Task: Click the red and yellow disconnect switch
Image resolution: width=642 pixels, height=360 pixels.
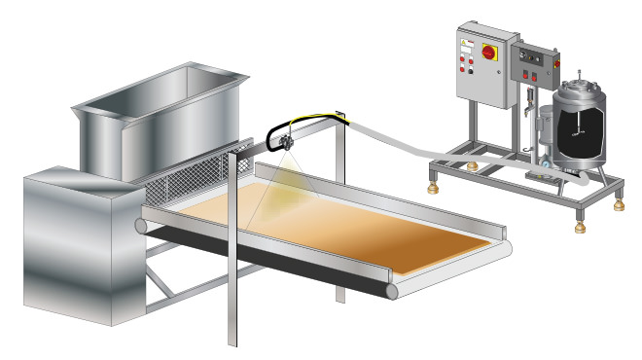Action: [485, 49]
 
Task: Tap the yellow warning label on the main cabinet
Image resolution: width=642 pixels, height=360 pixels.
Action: [468, 47]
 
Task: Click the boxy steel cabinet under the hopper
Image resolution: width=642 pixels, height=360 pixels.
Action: [78, 248]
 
